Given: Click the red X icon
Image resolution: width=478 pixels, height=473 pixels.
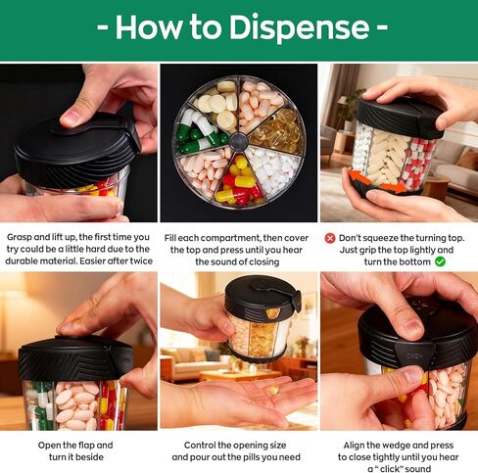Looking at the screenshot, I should pos(330,237).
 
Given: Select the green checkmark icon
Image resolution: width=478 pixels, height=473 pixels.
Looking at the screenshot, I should pos(440,261).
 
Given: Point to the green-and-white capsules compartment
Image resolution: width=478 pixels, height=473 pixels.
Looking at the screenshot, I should pos(200,132).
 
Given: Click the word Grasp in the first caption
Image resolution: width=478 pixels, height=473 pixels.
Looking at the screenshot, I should pos(23,237).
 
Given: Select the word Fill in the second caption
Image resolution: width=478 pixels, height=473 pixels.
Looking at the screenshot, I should pos(173,237).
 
